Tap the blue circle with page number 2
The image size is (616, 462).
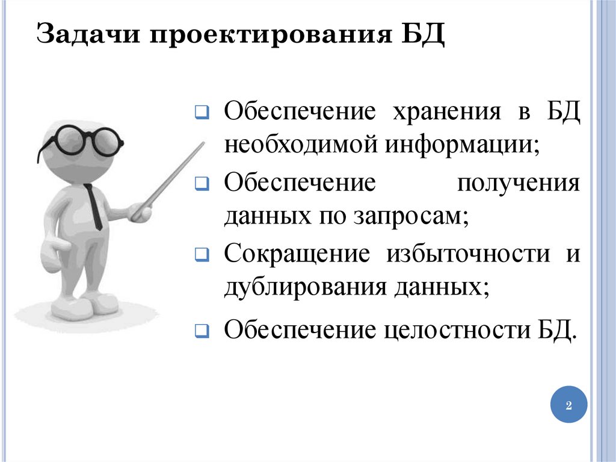(x=568, y=404)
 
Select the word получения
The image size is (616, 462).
(x=519, y=183)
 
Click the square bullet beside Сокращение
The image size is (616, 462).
(x=202, y=256)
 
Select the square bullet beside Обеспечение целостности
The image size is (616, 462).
(x=202, y=331)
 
